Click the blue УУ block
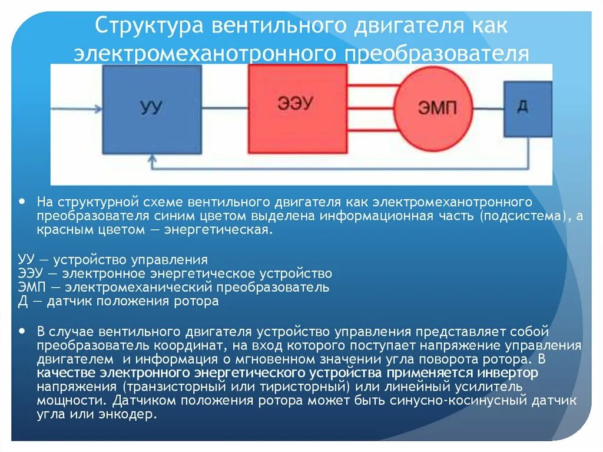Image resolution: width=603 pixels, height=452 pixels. tap(151, 108)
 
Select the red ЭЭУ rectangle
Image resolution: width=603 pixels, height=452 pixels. tap(297, 108)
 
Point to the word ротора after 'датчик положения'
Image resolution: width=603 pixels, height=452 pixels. tap(198, 301)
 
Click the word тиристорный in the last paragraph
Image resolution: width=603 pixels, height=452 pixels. tap(304, 387)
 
